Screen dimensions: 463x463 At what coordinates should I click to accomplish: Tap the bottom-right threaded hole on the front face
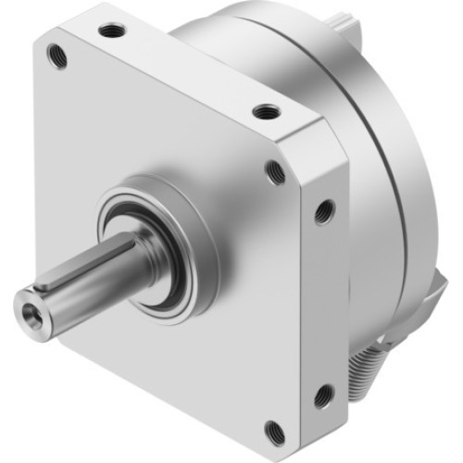[274, 430]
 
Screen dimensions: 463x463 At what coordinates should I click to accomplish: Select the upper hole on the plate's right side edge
[323, 211]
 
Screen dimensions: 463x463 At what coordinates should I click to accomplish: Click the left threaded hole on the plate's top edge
[114, 31]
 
